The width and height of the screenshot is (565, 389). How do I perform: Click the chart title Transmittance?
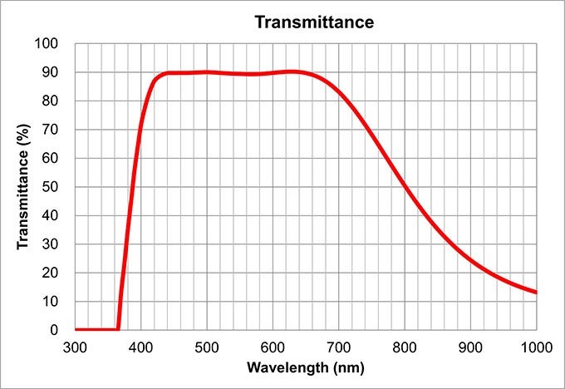pyautogui.click(x=313, y=22)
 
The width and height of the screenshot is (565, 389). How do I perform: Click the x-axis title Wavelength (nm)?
pyautogui.click(x=305, y=367)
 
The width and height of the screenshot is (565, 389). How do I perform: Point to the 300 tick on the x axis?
pyautogui.click(x=75, y=345)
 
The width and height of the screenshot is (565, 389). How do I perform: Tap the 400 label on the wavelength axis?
pyautogui.click(x=140, y=345)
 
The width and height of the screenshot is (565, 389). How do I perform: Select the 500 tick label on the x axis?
pyautogui.click(x=207, y=345)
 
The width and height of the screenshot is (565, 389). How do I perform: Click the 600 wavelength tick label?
pyautogui.click(x=273, y=345)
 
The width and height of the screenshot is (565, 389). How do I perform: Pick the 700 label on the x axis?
pyautogui.click(x=338, y=345)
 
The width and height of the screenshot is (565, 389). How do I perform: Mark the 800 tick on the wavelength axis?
pyautogui.click(x=405, y=345)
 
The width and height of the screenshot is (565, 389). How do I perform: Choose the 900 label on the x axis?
pyautogui.click(x=470, y=345)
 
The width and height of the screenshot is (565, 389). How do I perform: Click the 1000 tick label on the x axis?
pyautogui.click(x=536, y=345)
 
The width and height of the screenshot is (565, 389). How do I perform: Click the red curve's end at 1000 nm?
pyautogui.click(x=536, y=293)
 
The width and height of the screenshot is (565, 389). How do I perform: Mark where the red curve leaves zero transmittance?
pyautogui.click(x=118, y=329)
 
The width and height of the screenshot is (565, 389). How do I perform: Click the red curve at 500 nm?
pyautogui.click(x=207, y=72)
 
